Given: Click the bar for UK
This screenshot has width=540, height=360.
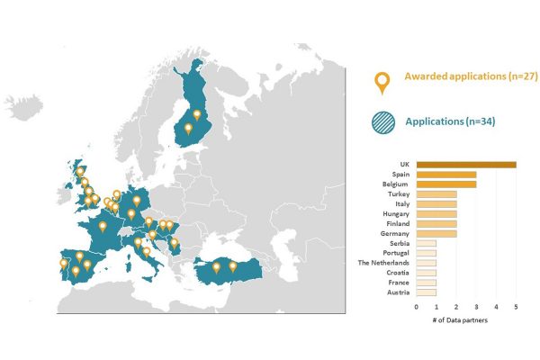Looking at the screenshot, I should tap(466, 164).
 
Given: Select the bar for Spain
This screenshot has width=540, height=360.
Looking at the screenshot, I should tap(446, 175).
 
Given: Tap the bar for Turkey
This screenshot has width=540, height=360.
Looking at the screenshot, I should tap(436, 194).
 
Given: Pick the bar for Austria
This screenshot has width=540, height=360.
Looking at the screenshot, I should tap(427, 292).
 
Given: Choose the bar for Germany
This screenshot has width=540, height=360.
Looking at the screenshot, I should tap(436, 233).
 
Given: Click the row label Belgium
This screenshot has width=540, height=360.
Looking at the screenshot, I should tap(397, 184).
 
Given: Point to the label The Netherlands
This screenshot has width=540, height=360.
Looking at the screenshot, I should tap(384, 263).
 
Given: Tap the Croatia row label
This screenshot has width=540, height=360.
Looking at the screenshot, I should tap(399, 273).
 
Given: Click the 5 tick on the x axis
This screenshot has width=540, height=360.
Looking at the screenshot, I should tap(516, 307).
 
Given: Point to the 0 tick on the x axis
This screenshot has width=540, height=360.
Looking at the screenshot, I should tap(417, 307).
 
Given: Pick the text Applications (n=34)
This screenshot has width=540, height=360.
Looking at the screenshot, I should tap(451, 121).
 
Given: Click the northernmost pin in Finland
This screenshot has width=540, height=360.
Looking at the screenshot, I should tap(197, 115).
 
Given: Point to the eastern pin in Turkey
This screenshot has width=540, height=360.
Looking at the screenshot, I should tap(233, 265).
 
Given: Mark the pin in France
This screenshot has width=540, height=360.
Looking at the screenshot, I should tap(103, 227).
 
